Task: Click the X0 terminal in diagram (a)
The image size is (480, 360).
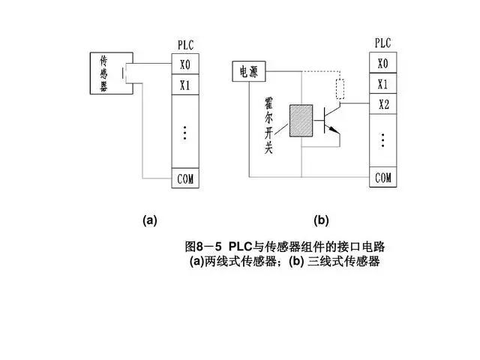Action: click(185, 64)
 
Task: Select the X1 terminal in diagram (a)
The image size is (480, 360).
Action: click(185, 85)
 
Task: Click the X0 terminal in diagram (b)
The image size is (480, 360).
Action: click(382, 63)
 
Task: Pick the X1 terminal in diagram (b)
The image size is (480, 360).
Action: click(382, 84)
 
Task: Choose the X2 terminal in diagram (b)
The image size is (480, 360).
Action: click(382, 104)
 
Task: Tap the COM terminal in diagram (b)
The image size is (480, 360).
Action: click(382, 178)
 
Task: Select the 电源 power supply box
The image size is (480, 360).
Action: click(247, 73)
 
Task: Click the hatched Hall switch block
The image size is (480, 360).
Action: click(301, 118)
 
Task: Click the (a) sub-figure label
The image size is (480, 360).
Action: click(150, 220)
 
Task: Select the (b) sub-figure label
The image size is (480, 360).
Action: click(322, 220)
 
